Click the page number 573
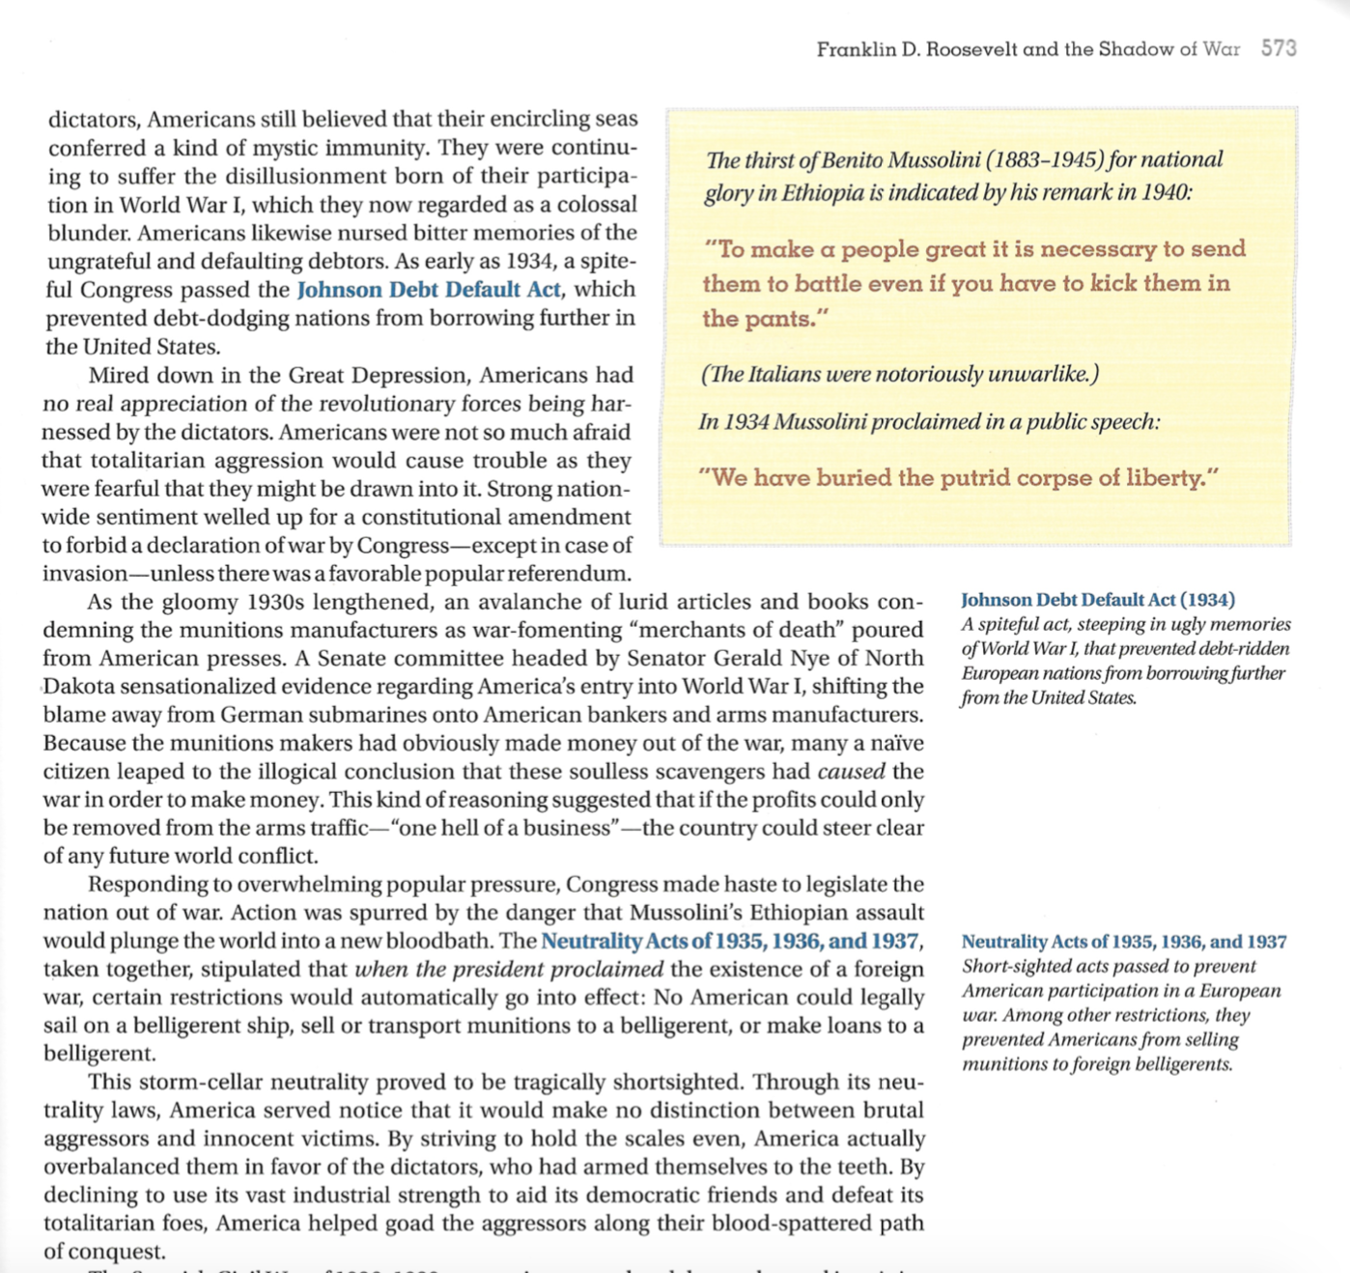coord(1279,48)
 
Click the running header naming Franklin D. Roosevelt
coord(1027,49)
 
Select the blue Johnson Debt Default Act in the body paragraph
coord(428,290)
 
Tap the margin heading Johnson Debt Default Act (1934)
coord(1098,600)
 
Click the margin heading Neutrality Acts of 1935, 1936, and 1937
coord(1124,942)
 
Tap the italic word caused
coord(851,772)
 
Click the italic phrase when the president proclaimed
coord(509,970)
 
